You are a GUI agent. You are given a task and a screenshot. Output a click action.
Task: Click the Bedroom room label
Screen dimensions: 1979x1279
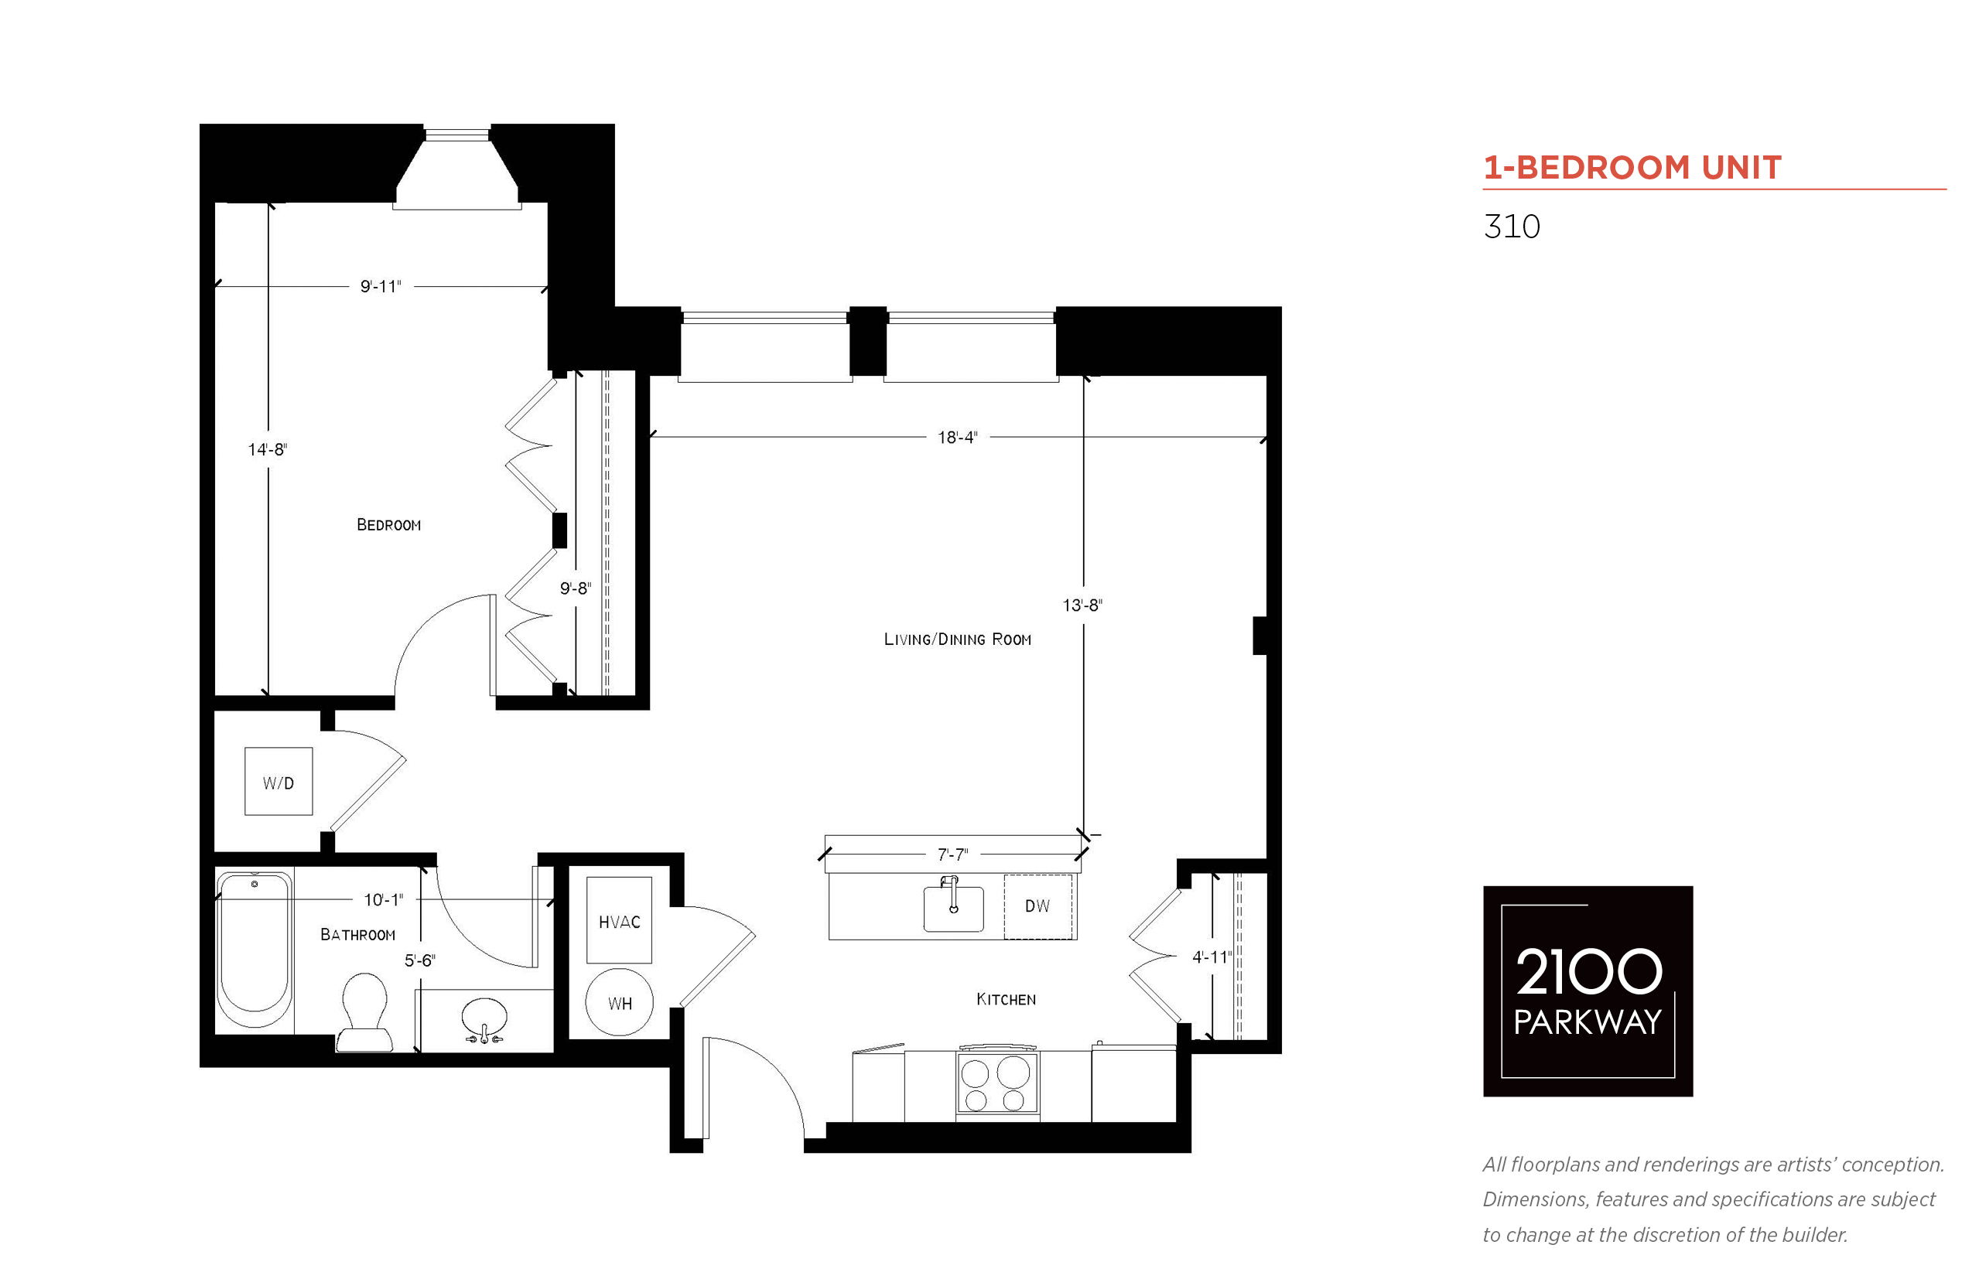tap(388, 525)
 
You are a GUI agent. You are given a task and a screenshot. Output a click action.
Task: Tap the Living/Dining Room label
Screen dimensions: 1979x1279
tap(957, 639)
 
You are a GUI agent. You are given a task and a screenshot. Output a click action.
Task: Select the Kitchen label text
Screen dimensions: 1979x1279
tap(1005, 999)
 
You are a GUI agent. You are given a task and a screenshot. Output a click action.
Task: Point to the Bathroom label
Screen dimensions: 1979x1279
tap(357, 934)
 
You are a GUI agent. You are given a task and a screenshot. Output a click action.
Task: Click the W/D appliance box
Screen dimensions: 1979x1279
tap(279, 782)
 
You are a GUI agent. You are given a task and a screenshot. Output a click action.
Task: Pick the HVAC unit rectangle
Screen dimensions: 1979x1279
tap(619, 920)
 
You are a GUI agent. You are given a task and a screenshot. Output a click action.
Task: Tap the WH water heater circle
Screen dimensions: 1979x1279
tap(619, 1002)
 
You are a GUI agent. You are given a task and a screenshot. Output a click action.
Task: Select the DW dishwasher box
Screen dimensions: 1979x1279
tap(1037, 906)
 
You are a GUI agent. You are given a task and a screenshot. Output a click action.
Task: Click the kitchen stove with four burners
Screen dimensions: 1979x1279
tap(997, 1082)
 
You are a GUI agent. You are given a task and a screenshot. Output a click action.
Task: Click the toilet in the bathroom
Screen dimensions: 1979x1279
tap(364, 1013)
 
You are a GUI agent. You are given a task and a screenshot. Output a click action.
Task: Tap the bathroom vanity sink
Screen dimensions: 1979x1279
tap(484, 1020)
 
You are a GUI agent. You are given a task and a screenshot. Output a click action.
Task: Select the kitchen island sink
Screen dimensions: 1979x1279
tap(953, 907)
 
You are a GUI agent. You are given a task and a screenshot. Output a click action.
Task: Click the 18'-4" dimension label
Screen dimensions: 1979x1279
tap(957, 437)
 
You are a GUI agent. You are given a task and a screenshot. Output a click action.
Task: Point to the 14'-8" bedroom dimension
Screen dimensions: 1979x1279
tap(268, 449)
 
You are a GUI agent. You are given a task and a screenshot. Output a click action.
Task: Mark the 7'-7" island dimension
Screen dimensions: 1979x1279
tap(952, 854)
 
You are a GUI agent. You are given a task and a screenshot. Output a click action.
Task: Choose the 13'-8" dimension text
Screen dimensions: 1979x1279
tap(1082, 605)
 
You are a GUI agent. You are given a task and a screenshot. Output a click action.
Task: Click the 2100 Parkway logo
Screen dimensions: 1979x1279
tap(1588, 991)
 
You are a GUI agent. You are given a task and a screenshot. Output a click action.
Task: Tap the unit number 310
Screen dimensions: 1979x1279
tap(1511, 227)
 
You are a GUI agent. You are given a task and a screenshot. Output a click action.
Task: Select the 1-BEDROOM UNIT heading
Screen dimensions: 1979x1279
tap(1632, 168)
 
